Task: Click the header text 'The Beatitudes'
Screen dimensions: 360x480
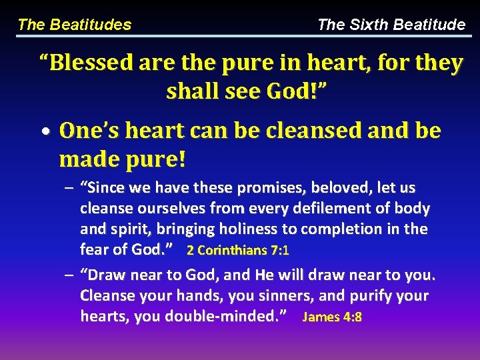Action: pos(74,25)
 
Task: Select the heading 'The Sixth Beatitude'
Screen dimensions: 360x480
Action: pos(391,25)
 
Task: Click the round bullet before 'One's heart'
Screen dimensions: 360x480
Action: pos(49,131)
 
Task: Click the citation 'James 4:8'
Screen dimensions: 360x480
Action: pos(332,317)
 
